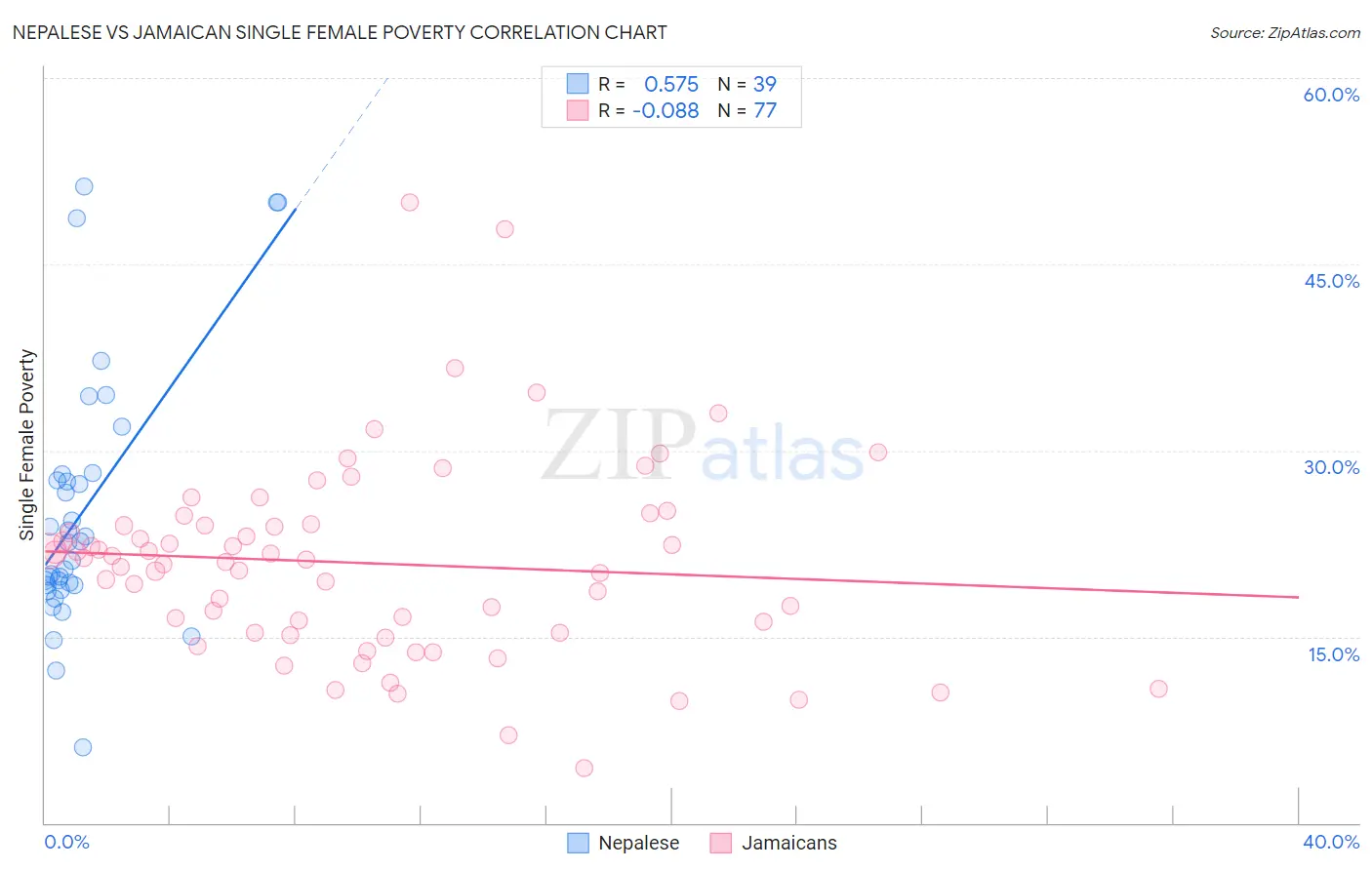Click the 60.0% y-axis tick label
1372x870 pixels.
(x=1331, y=95)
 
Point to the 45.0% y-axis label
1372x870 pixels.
(x=1331, y=281)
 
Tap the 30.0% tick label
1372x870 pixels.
(x=1331, y=467)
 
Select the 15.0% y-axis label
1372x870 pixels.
(x=1333, y=654)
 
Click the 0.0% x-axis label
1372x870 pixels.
(x=66, y=842)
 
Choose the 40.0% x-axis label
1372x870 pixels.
(x=1331, y=842)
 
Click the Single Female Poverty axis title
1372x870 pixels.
(x=27, y=445)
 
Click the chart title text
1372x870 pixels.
(x=340, y=32)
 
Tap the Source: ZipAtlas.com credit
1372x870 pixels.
(x=1284, y=33)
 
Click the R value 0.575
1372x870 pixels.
(x=671, y=85)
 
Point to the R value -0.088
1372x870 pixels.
(x=666, y=111)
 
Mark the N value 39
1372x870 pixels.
(x=765, y=85)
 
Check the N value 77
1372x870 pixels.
(x=765, y=111)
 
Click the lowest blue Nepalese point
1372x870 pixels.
(x=83, y=747)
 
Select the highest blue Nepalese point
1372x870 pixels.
(x=84, y=186)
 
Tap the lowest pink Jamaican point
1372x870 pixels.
(x=585, y=768)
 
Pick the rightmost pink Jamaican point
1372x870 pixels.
(x=1158, y=689)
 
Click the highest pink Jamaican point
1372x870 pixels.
(x=410, y=203)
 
